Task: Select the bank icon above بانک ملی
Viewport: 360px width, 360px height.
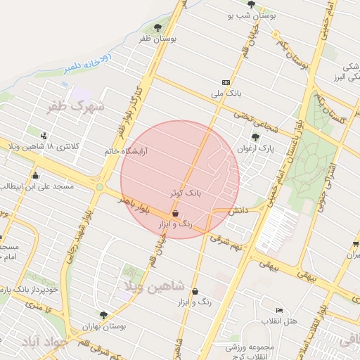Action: pos(225,82)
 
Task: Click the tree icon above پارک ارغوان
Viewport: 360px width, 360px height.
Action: pos(254,137)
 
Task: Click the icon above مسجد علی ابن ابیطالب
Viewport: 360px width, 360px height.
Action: pos(35,176)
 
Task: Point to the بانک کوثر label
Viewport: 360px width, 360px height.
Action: pos(185,192)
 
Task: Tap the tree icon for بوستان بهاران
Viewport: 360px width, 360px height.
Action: pos(103,315)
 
